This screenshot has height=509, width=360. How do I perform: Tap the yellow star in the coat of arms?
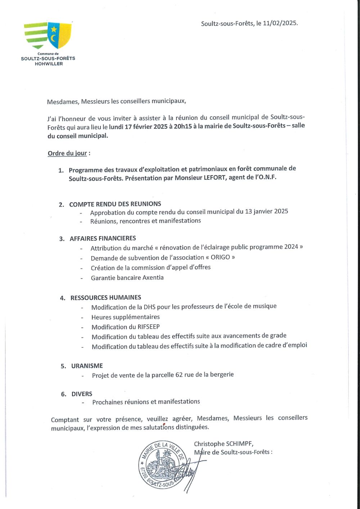(54, 29)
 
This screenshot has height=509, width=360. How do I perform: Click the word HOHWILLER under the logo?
(49, 64)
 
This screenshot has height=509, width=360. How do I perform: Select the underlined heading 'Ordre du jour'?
(67, 153)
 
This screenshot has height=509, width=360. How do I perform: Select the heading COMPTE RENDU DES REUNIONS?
(115, 204)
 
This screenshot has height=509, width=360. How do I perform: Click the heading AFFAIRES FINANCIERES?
(103, 238)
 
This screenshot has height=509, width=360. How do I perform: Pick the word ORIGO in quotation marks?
(220, 257)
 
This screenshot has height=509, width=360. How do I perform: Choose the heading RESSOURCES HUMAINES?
(106, 297)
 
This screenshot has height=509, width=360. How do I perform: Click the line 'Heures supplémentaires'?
(125, 317)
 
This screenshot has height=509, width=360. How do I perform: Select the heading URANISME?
(87, 366)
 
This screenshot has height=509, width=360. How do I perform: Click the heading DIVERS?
(82, 394)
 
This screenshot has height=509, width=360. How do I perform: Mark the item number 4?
(63, 298)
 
